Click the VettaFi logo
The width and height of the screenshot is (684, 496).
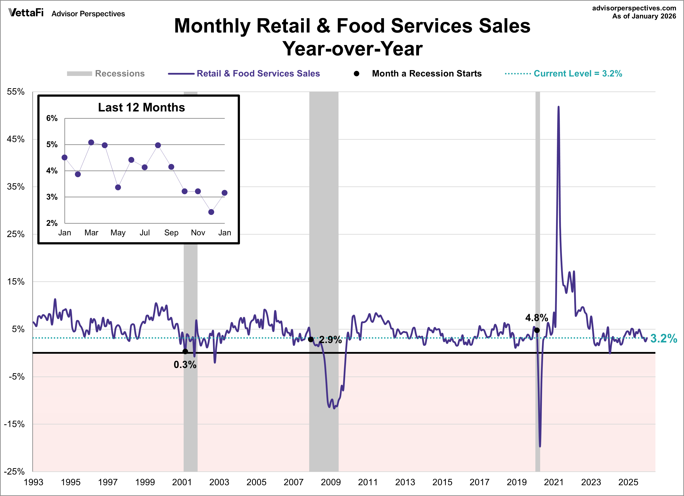[x=26, y=13]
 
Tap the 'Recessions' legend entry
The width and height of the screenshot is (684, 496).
[x=119, y=74]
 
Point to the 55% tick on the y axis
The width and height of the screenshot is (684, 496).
[x=16, y=92]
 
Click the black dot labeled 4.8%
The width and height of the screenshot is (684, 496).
[x=537, y=330]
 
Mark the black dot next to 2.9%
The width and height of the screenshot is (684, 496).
[x=311, y=340]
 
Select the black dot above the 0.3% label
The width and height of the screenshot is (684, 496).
[x=185, y=352]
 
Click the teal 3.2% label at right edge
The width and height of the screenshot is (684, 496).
[x=663, y=339]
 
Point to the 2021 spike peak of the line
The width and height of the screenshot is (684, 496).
[x=558, y=107]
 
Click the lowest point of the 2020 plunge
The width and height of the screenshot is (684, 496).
[x=540, y=446]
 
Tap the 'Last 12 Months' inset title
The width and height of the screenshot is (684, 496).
[x=141, y=108]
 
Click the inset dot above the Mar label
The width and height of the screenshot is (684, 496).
[x=91, y=142]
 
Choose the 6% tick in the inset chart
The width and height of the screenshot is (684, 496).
[x=52, y=118]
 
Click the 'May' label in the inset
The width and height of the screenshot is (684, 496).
[x=118, y=233]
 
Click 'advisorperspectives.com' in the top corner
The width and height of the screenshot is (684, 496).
[x=634, y=8]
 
